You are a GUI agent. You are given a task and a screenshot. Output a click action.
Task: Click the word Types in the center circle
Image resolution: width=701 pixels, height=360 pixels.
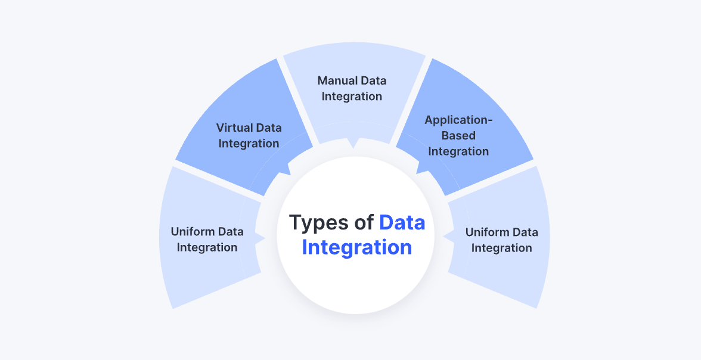320,223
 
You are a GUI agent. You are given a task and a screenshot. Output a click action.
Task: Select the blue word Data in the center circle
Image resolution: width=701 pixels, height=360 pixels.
402,223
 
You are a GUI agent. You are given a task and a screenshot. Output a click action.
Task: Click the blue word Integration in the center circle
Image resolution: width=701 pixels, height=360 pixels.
356,247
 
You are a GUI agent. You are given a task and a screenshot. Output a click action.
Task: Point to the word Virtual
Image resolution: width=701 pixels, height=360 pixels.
233,128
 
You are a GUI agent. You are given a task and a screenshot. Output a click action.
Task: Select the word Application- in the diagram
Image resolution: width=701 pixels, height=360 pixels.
458,120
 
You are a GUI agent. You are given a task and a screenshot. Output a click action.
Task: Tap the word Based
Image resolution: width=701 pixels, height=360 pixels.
458,135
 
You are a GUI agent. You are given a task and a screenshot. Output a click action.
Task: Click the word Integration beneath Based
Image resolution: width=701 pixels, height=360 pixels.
458,151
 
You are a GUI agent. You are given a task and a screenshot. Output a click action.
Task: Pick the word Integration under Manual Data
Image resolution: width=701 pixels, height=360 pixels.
352,96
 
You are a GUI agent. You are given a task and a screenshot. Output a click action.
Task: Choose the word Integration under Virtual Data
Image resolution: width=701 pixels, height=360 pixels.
249,143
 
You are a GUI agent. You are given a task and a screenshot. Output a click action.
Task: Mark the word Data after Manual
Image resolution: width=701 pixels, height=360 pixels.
373,80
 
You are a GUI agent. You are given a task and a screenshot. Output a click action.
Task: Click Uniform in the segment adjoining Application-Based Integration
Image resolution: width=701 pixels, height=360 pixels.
487,232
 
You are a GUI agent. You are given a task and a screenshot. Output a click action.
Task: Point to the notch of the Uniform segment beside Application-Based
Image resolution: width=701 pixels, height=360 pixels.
445,237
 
